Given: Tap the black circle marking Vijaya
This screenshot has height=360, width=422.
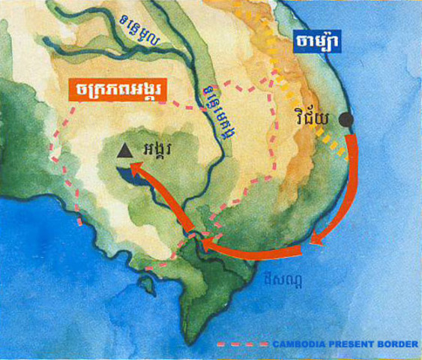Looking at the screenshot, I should click(x=346, y=119).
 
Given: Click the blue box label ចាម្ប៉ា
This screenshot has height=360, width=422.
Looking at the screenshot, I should click(x=316, y=41).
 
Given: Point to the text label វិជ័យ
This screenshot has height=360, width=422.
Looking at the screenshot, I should click(x=311, y=118).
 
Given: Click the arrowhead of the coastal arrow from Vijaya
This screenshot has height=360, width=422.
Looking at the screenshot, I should click(x=318, y=239).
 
